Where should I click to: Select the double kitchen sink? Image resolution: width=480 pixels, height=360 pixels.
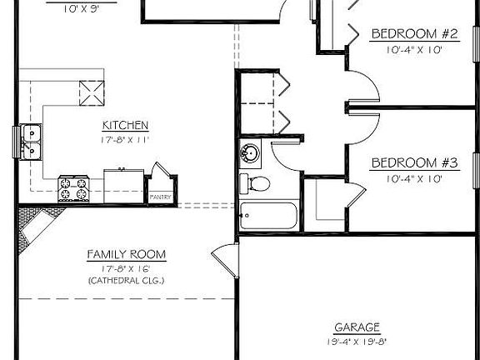30,142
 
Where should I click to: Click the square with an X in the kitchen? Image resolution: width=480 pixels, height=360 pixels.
90,92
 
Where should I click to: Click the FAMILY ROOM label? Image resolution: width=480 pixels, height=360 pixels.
126,254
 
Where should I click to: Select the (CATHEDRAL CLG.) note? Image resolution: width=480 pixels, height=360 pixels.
126,280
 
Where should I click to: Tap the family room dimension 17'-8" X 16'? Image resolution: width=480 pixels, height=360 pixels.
126,267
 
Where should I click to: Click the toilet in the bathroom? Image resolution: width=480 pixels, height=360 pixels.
254,182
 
